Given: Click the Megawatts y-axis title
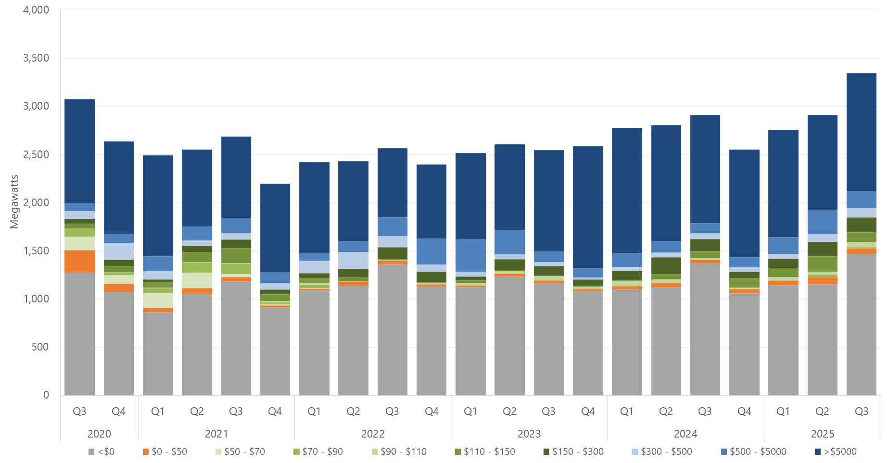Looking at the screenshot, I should pyautogui.click(x=14, y=202).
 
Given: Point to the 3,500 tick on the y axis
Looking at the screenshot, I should pyautogui.click(x=36, y=58).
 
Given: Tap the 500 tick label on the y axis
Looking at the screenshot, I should pyautogui.click(x=40, y=347).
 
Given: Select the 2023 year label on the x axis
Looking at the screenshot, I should pyautogui.click(x=529, y=434).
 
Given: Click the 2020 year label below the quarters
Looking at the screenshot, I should pyautogui.click(x=99, y=434).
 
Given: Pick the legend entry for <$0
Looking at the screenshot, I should pyautogui.click(x=101, y=451).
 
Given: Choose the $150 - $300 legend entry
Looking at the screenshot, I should pyautogui.click(x=573, y=451).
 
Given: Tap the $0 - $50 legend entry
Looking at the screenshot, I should pyautogui.click(x=165, y=451).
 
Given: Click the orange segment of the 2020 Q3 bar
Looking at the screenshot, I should pyautogui.click(x=80, y=261).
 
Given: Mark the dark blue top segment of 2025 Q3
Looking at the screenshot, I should pyautogui.click(x=861, y=132).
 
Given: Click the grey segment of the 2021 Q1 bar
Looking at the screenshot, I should pyautogui.click(x=158, y=353).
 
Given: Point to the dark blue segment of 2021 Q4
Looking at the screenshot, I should pyautogui.click(x=275, y=227).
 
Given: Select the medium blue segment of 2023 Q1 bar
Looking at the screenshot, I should pyautogui.click(x=470, y=255).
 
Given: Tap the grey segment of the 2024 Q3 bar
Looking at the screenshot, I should pyautogui.click(x=705, y=329).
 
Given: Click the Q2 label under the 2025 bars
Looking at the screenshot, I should pyautogui.click(x=822, y=411).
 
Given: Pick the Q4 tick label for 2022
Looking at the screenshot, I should pyautogui.click(x=431, y=411).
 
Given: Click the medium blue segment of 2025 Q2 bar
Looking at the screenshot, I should pyautogui.click(x=822, y=222).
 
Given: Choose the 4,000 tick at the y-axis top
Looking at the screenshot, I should pyautogui.click(x=36, y=10).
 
